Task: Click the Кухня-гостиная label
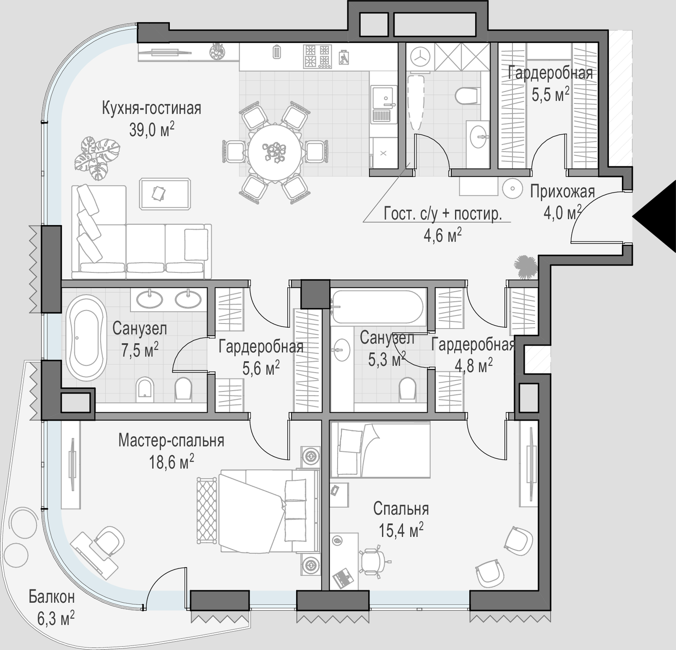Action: point(151,109)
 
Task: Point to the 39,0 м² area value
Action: point(152,130)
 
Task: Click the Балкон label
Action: point(52,597)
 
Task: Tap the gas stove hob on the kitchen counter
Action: point(317,56)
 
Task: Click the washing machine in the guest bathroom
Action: point(420,57)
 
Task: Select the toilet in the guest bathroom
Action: point(468,95)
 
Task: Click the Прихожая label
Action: point(562,192)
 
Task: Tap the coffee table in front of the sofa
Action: point(165,194)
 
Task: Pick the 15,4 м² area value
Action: point(401,530)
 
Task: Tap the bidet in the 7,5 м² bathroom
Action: point(144,389)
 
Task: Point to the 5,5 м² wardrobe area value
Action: point(550,94)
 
